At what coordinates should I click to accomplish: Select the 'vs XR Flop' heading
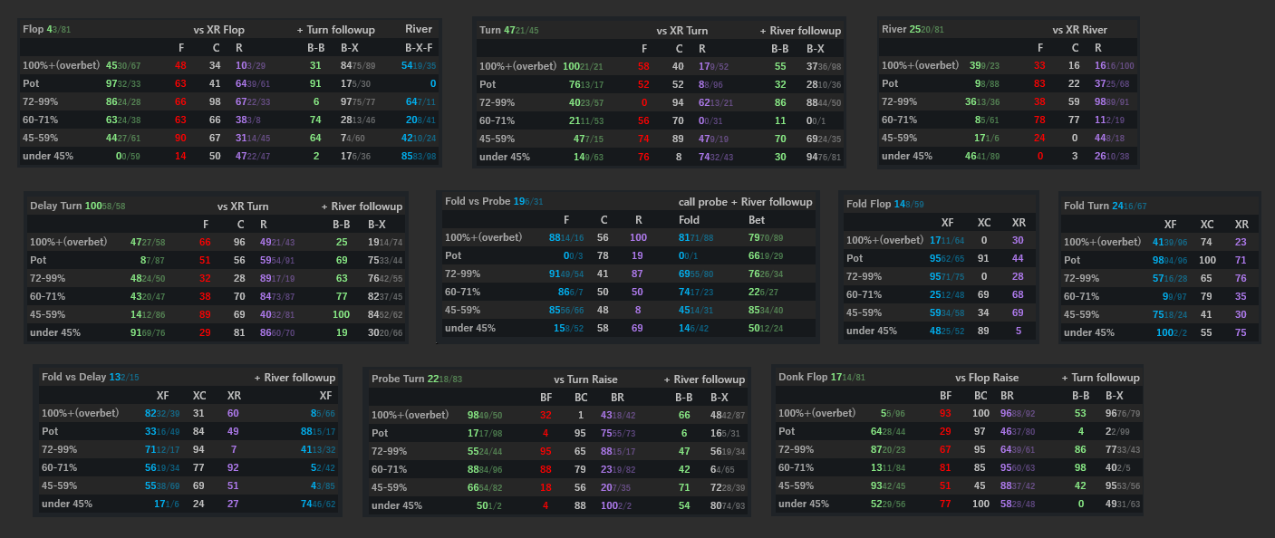[219, 30]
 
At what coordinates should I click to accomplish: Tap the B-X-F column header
[419, 48]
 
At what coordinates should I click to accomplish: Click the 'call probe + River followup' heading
[745, 202]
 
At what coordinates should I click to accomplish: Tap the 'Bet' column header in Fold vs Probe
[757, 219]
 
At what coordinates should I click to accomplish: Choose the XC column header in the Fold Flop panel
[984, 222]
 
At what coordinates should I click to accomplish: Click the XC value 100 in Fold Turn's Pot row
[1206, 260]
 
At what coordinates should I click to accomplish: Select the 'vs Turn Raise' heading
[585, 379]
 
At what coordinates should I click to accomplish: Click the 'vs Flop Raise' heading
[987, 378]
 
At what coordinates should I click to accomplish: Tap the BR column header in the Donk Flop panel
[1007, 395]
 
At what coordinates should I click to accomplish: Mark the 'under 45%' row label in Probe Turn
[397, 505]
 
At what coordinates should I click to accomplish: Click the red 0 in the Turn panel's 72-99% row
[643, 102]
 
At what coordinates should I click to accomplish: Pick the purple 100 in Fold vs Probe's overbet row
[638, 237]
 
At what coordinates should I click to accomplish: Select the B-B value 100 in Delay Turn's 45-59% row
[341, 314]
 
